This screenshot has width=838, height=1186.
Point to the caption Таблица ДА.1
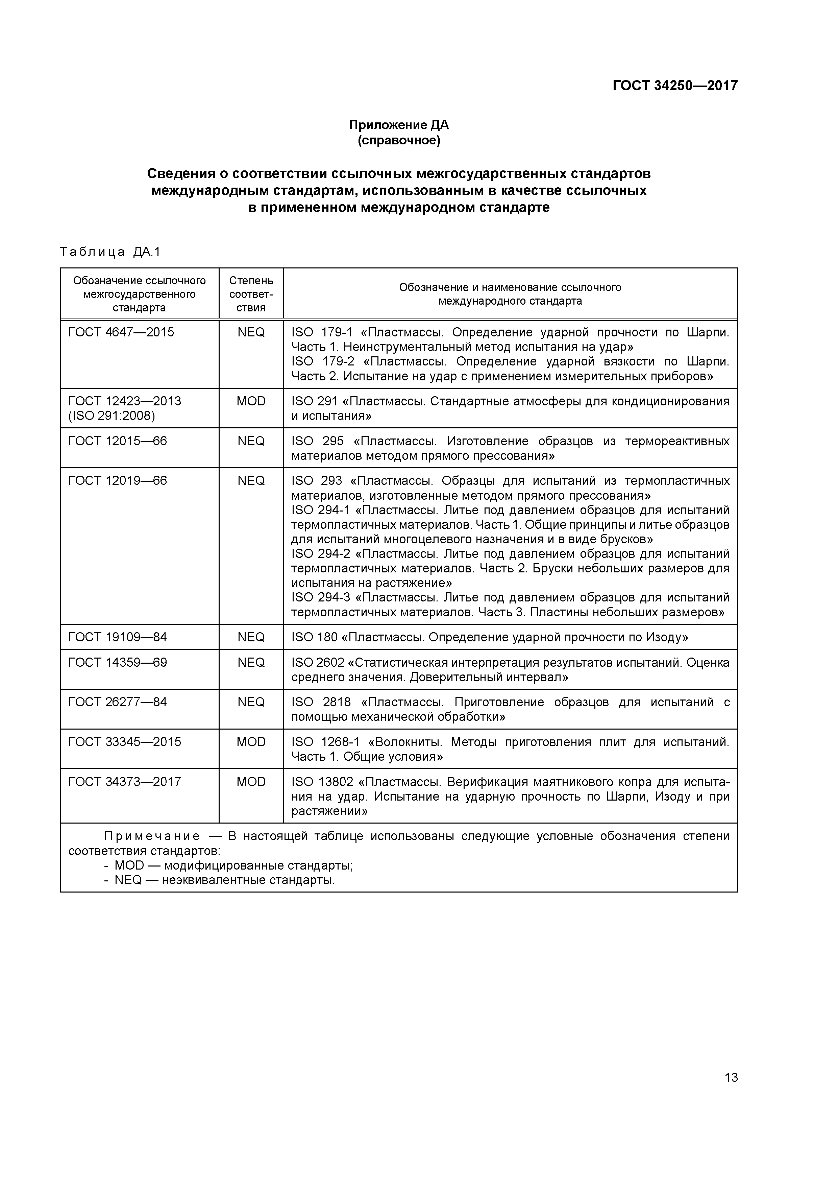point(110,252)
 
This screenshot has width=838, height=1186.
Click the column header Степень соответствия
point(251,294)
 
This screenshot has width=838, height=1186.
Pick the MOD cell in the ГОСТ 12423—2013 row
point(251,401)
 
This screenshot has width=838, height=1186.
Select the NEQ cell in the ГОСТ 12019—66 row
point(251,481)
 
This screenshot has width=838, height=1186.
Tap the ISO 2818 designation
point(321,703)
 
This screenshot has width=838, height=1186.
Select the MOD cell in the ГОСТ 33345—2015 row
point(251,742)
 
